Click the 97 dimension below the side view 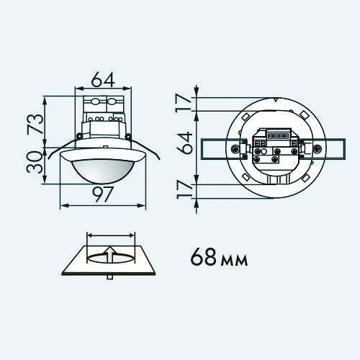[x=103, y=194]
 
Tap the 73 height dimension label [x=35, y=124]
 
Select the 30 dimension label [x=35, y=162]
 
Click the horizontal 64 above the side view [x=103, y=79]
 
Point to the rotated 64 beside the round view [x=185, y=143]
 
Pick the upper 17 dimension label [x=184, y=104]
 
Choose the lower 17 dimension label [x=185, y=190]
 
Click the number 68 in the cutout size [x=204, y=257]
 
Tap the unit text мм [x=234, y=261]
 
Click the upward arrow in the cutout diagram [x=110, y=254]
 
